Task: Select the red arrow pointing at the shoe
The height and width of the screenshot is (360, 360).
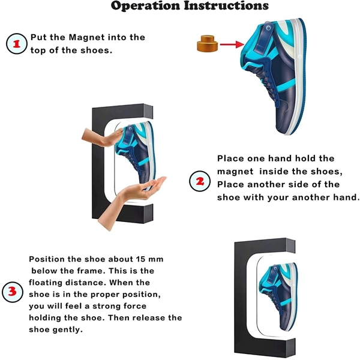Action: [230, 44]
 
